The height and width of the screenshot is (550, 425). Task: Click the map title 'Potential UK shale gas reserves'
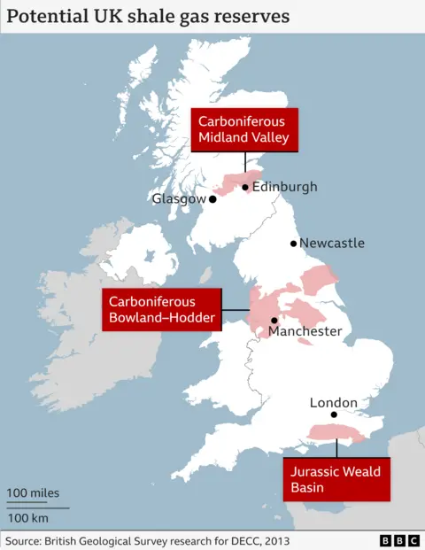click(149, 17)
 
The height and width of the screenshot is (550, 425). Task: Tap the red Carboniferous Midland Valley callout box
click(244, 129)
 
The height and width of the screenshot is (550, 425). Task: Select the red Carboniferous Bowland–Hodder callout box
click(161, 309)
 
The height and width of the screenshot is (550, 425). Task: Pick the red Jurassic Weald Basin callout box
click(336, 479)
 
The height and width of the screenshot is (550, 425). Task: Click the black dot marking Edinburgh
click(245, 187)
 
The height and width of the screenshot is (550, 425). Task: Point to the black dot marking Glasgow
click(212, 199)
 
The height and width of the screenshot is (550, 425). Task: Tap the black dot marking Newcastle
click(293, 243)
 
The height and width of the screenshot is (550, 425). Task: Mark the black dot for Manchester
click(274, 321)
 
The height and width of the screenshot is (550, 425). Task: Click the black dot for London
click(334, 414)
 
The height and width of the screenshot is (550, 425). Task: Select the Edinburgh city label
click(284, 187)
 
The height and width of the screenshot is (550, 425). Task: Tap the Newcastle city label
click(332, 243)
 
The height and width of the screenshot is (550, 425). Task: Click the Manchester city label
click(305, 331)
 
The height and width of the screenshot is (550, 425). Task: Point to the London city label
click(333, 402)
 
